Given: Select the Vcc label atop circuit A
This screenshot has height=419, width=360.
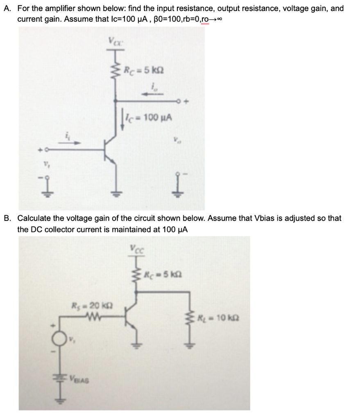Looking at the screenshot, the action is point(114,42).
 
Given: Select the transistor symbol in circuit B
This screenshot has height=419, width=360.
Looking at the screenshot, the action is point(132,317).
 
